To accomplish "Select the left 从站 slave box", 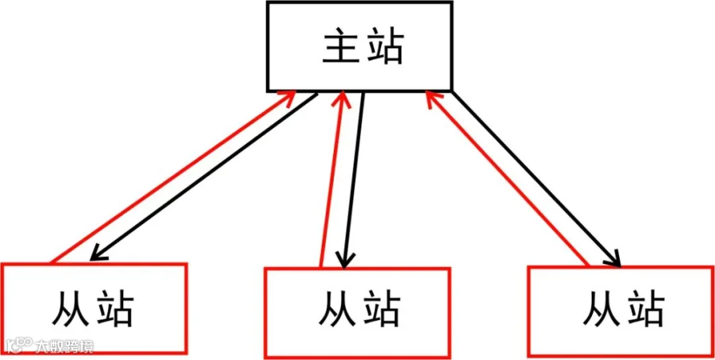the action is tap(94, 309).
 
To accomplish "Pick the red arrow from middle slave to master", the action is tap(332, 179).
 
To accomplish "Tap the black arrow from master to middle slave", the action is tap(354, 179).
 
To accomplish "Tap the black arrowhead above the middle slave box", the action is tap(344, 259).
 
